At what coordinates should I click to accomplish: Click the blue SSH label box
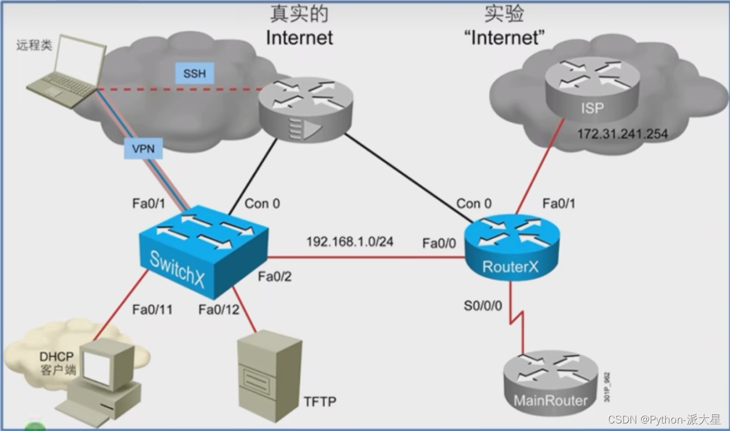click(194, 73)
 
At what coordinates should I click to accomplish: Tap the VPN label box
click(143, 149)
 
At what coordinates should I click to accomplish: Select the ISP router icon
click(592, 89)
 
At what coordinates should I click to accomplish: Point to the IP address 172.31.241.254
click(622, 134)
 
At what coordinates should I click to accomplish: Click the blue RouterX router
click(512, 247)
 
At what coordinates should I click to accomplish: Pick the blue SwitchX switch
click(204, 251)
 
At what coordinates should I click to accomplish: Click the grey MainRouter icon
click(551, 383)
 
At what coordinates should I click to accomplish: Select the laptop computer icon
click(67, 72)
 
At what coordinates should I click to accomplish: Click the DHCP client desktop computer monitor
click(107, 364)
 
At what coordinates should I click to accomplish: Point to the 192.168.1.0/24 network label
click(350, 242)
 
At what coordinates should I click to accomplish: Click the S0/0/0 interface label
click(482, 306)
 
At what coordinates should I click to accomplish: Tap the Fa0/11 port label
click(153, 309)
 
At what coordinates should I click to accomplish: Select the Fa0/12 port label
click(219, 309)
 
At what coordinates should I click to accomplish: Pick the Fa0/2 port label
click(275, 276)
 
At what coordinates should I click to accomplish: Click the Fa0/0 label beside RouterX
click(439, 243)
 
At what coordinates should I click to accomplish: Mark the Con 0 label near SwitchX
click(263, 203)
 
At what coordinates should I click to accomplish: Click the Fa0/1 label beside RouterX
click(559, 203)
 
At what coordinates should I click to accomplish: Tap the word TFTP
click(320, 401)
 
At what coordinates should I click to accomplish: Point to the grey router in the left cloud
click(306, 109)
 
